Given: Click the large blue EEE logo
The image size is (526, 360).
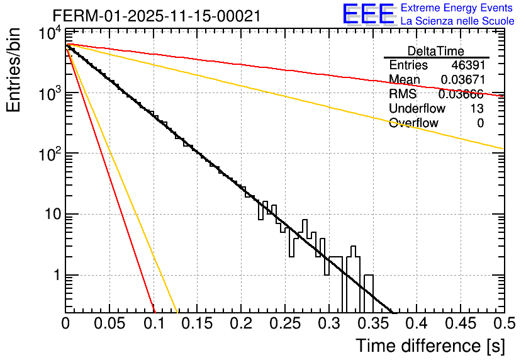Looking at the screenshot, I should click(x=368, y=14).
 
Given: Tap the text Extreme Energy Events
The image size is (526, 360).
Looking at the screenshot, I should click(x=457, y=8).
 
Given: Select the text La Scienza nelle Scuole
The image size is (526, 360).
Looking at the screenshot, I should click(x=457, y=21).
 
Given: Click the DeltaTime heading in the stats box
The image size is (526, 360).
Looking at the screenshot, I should click(x=436, y=51).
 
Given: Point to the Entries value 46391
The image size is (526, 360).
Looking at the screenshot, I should click(x=467, y=65).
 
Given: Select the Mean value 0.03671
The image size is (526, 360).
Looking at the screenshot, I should click(x=462, y=80).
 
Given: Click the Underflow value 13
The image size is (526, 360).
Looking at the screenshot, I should click(x=477, y=109).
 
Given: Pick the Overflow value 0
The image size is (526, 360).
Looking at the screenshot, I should click(x=480, y=123).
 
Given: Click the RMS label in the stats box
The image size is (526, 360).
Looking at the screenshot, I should click(x=403, y=94).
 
